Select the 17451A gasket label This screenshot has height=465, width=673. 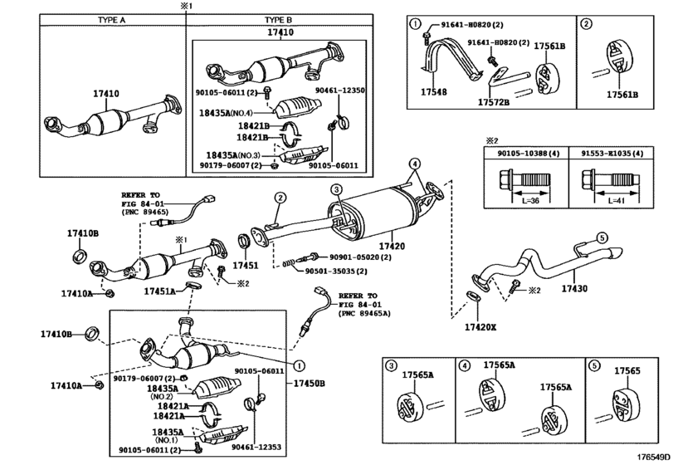click(x=159, y=291)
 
